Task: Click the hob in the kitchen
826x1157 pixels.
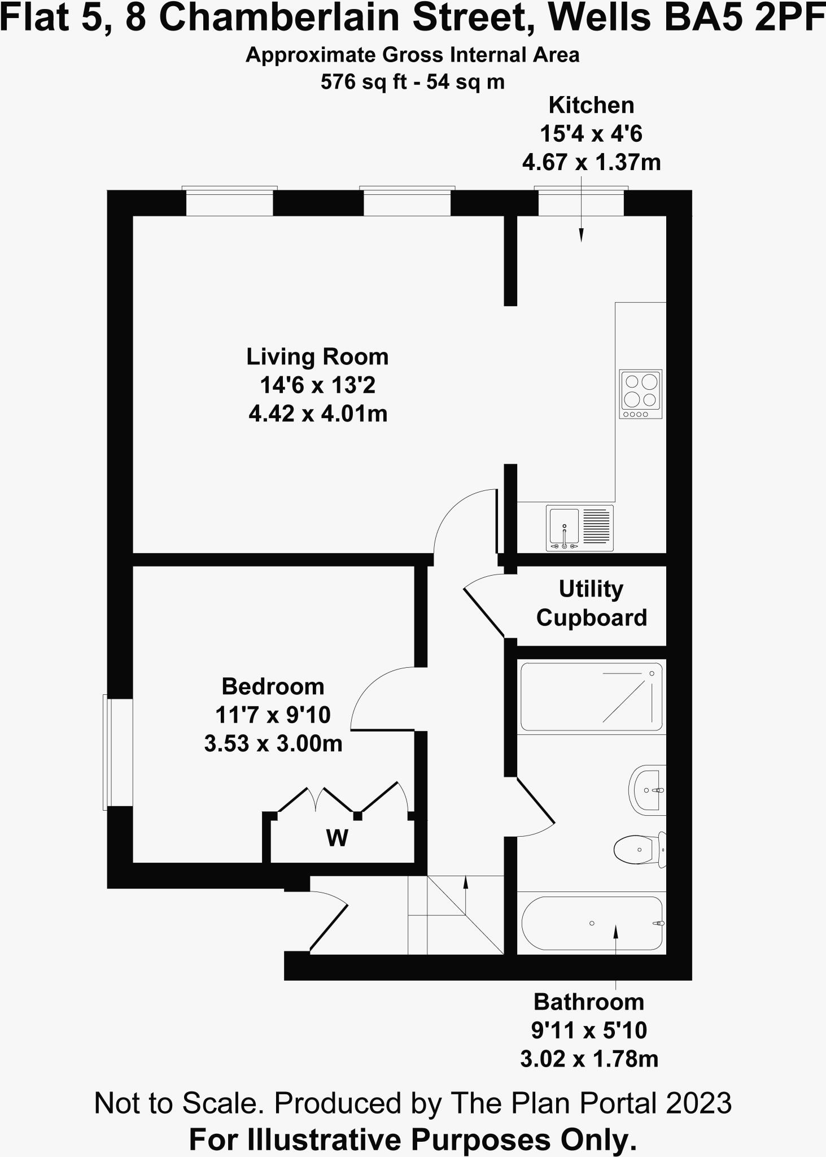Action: click(640, 394)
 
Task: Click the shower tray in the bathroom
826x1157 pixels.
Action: click(591, 696)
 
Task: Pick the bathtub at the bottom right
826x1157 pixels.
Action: click(592, 923)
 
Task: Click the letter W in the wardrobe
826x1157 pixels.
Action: click(337, 838)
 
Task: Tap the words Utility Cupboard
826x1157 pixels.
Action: click(591, 603)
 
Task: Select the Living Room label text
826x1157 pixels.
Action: click(317, 357)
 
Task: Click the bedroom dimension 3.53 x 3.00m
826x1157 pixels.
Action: click(273, 743)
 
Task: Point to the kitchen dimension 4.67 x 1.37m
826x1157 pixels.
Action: click(591, 163)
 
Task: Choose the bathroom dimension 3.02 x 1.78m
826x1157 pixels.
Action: click(589, 1058)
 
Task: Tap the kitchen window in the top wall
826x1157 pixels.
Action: click(581, 202)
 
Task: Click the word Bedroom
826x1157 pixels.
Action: click(273, 686)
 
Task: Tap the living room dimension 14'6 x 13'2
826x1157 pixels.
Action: click(317, 386)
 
